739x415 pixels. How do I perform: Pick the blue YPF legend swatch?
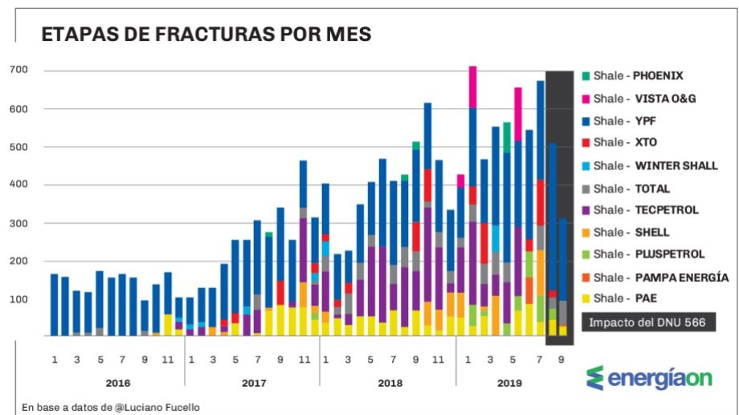click(x=586, y=121)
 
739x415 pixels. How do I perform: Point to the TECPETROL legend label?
click(x=666, y=210)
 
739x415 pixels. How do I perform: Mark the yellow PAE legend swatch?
click(x=586, y=299)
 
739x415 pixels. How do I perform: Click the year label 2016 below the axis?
click(x=117, y=383)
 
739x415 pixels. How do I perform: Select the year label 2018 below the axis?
click(x=390, y=383)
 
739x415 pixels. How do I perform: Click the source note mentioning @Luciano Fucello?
click(x=111, y=407)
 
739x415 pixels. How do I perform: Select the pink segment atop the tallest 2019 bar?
click(x=473, y=86)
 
